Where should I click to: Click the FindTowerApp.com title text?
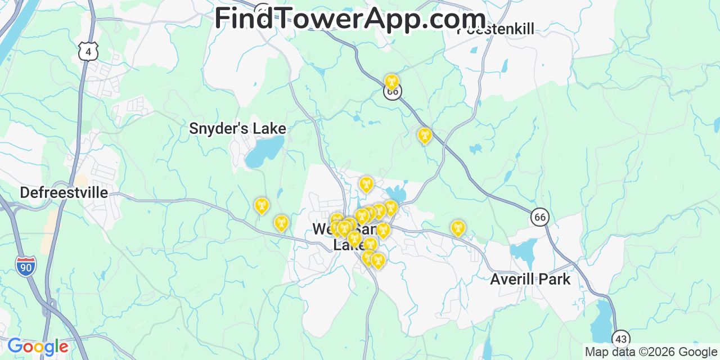[350, 19]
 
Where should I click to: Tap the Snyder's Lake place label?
[237, 129]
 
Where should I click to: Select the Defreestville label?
[64, 193]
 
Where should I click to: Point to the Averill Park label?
[530, 279]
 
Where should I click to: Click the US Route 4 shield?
[88, 52]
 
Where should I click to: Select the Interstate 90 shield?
[26, 266]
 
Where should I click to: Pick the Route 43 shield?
[620, 339]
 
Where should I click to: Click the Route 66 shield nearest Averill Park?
[539, 217]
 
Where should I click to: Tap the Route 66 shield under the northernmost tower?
[393, 92]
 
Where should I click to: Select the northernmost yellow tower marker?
[391, 82]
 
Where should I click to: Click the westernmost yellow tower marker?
[261, 206]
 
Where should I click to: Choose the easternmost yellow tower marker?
[458, 228]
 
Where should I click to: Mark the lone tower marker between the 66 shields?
[424, 136]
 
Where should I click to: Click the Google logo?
[37, 346]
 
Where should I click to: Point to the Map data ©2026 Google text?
[651, 352]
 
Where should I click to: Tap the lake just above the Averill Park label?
[525, 252]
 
